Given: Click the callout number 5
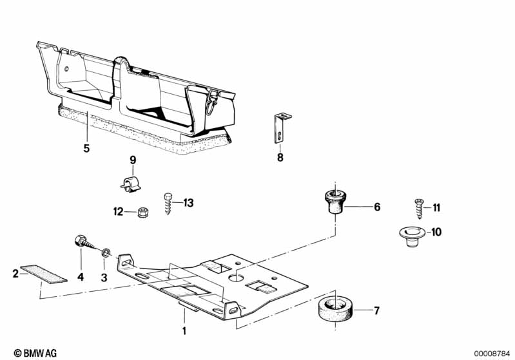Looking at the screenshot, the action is tap(86, 148).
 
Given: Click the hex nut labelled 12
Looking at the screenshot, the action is tap(142, 212).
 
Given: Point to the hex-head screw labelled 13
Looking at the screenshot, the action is tap(168, 204).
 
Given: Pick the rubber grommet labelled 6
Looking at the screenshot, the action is tap(335, 202).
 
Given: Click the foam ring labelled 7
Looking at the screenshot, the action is tap(335, 310).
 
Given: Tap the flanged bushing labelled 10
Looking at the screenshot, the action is tap(412, 236).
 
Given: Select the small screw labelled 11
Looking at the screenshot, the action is tap(419, 209).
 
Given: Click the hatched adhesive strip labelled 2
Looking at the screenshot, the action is tap(44, 274).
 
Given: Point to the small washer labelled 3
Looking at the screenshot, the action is tap(105, 252).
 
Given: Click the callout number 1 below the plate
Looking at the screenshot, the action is tap(184, 330).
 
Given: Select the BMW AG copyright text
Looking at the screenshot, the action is tap(35, 353).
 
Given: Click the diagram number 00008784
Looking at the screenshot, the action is tap(492, 354).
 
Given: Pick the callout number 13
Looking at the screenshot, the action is tap(188, 203).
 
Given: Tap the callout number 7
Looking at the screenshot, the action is tap(376, 310).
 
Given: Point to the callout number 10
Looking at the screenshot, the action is tap(436, 232).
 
